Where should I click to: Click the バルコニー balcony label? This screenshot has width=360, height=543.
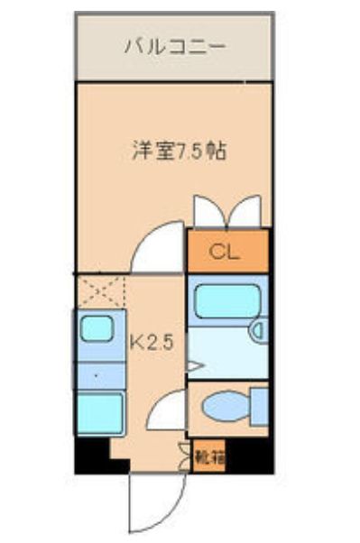click(x=175, y=46)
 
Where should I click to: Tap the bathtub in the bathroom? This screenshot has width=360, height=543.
click(x=226, y=301)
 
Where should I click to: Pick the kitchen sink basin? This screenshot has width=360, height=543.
click(x=97, y=329)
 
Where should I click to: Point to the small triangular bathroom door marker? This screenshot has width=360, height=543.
click(x=192, y=366)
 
